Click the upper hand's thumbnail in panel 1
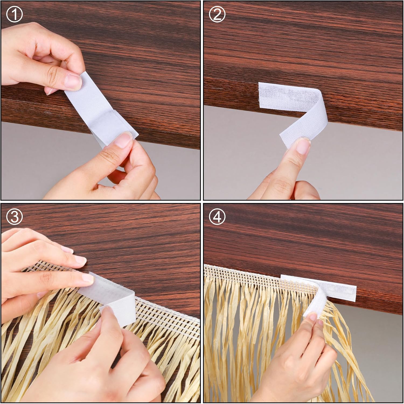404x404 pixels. click(x=73, y=82)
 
